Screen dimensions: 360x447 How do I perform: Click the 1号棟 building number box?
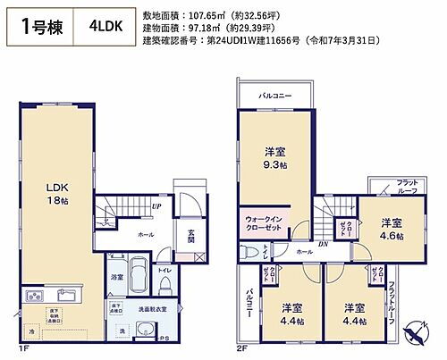point(40,25)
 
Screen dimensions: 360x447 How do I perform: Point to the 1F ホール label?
point(145,234)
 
